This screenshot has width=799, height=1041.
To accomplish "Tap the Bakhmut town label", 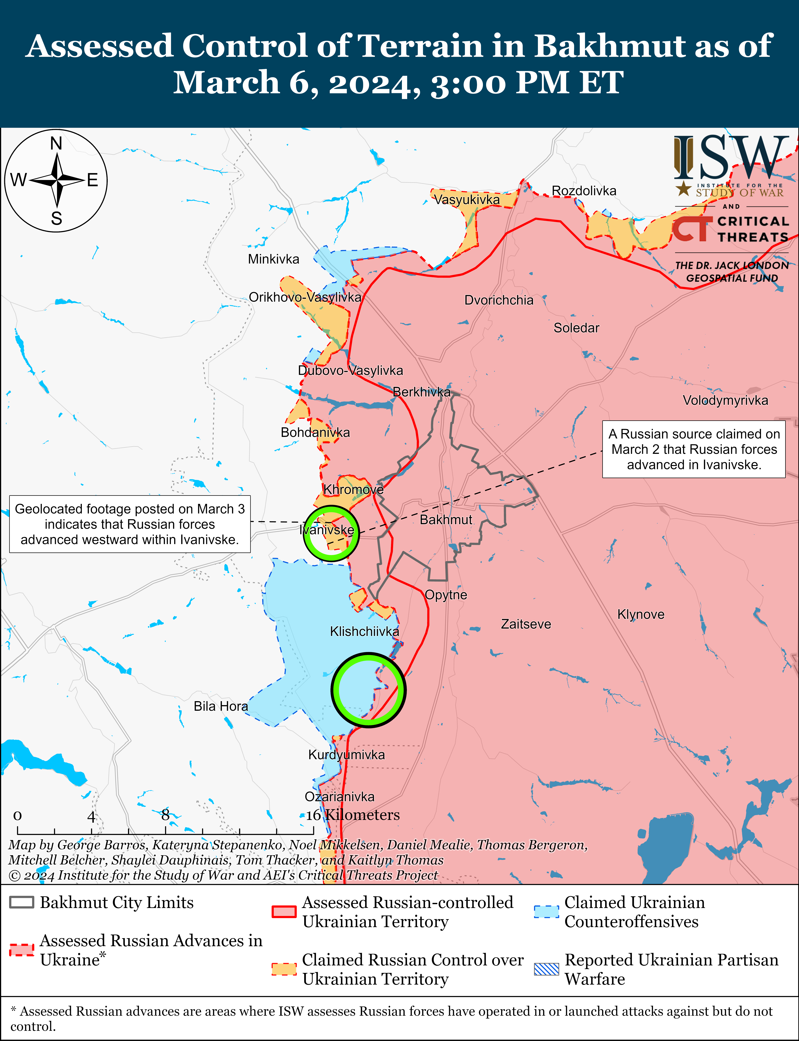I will coord(446,520).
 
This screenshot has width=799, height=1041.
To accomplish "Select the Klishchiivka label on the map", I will coord(364,631).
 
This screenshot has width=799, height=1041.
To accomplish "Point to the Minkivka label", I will coord(273,259).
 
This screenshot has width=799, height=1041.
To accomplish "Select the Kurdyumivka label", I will coord(346,755).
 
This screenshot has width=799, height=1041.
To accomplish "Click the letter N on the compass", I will coord(56,143).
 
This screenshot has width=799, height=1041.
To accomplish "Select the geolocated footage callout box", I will coord(130,524).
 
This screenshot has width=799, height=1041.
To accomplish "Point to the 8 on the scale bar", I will coord(165,815).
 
